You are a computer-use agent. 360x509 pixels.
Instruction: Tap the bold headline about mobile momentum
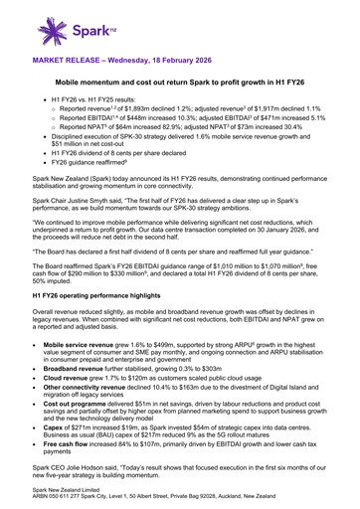pos(180,88)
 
